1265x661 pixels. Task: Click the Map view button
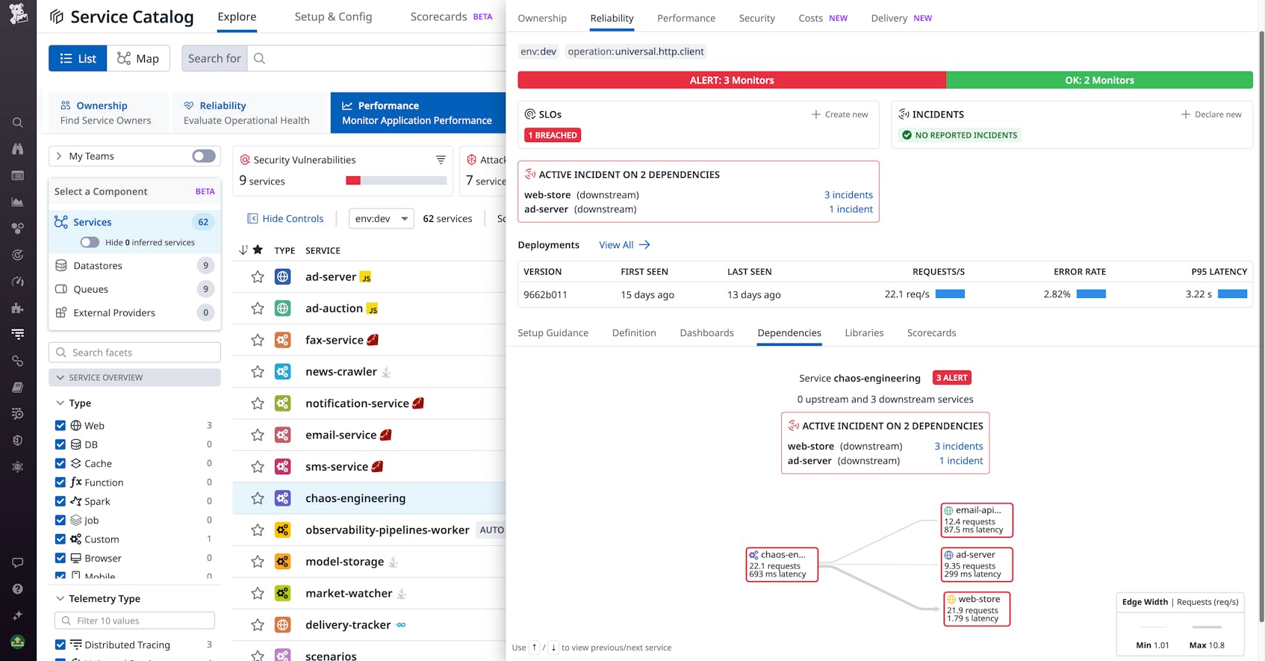(138, 58)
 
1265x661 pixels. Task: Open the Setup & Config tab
(333, 16)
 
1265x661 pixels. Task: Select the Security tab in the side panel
(756, 18)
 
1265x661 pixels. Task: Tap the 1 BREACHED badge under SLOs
(553, 135)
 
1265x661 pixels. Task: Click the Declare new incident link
(1211, 114)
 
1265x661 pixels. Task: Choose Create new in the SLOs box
(840, 114)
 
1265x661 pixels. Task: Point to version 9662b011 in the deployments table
(545, 294)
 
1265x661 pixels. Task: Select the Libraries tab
(864, 333)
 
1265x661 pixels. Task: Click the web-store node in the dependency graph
(976, 609)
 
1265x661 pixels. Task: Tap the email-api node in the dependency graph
(976, 520)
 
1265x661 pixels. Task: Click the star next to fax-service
(258, 341)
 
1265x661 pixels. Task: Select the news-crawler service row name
(341, 372)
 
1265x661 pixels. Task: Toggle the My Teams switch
(203, 156)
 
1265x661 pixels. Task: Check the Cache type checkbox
(60, 464)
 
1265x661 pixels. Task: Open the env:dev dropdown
(381, 219)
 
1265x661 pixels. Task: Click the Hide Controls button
(285, 219)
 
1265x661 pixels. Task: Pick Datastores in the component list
(98, 266)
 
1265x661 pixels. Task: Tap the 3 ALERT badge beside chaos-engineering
(951, 378)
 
